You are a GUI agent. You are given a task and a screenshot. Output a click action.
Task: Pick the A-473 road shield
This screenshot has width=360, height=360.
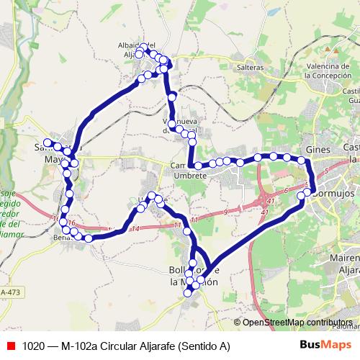click(11, 292)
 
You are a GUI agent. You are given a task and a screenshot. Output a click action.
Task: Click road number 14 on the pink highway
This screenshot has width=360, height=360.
click(136, 228)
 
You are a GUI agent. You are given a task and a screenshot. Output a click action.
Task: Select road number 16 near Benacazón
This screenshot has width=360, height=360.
click(71, 224)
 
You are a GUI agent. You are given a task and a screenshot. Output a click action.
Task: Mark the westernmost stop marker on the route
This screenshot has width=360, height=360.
click(48, 143)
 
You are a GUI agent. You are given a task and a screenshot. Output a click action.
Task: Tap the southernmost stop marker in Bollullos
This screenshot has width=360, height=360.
click(188, 292)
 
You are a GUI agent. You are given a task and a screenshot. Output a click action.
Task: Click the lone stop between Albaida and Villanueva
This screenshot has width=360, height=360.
click(172, 96)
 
